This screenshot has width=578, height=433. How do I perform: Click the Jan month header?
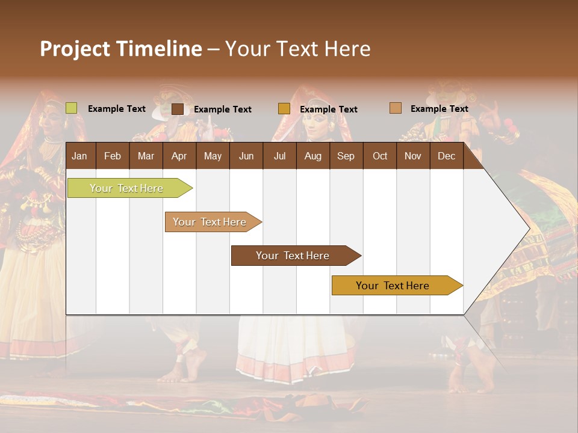[x=79, y=156]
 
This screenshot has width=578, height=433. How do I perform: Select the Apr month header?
[x=179, y=156]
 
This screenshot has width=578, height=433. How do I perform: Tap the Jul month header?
[x=279, y=156]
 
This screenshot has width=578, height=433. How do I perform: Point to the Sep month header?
[x=346, y=156]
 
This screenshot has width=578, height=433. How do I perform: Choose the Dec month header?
[x=446, y=156]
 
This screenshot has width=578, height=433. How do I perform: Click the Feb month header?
[x=113, y=156]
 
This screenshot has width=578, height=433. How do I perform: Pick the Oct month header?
[x=380, y=156]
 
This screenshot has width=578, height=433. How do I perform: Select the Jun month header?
[x=246, y=156]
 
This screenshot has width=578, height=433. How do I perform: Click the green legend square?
[x=71, y=108]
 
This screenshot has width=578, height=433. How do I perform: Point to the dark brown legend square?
[x=178, y=109]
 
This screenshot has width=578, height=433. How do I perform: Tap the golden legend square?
[x=284, y=109]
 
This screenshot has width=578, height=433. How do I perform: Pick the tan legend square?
[x=395, y=108]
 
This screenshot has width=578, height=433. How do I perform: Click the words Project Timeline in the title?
[x=120, y=49]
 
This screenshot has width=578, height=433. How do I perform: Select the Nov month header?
[x=413, y=156]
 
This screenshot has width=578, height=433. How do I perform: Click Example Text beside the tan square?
[x=439, y=109]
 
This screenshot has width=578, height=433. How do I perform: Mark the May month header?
[x=213, y=156]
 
